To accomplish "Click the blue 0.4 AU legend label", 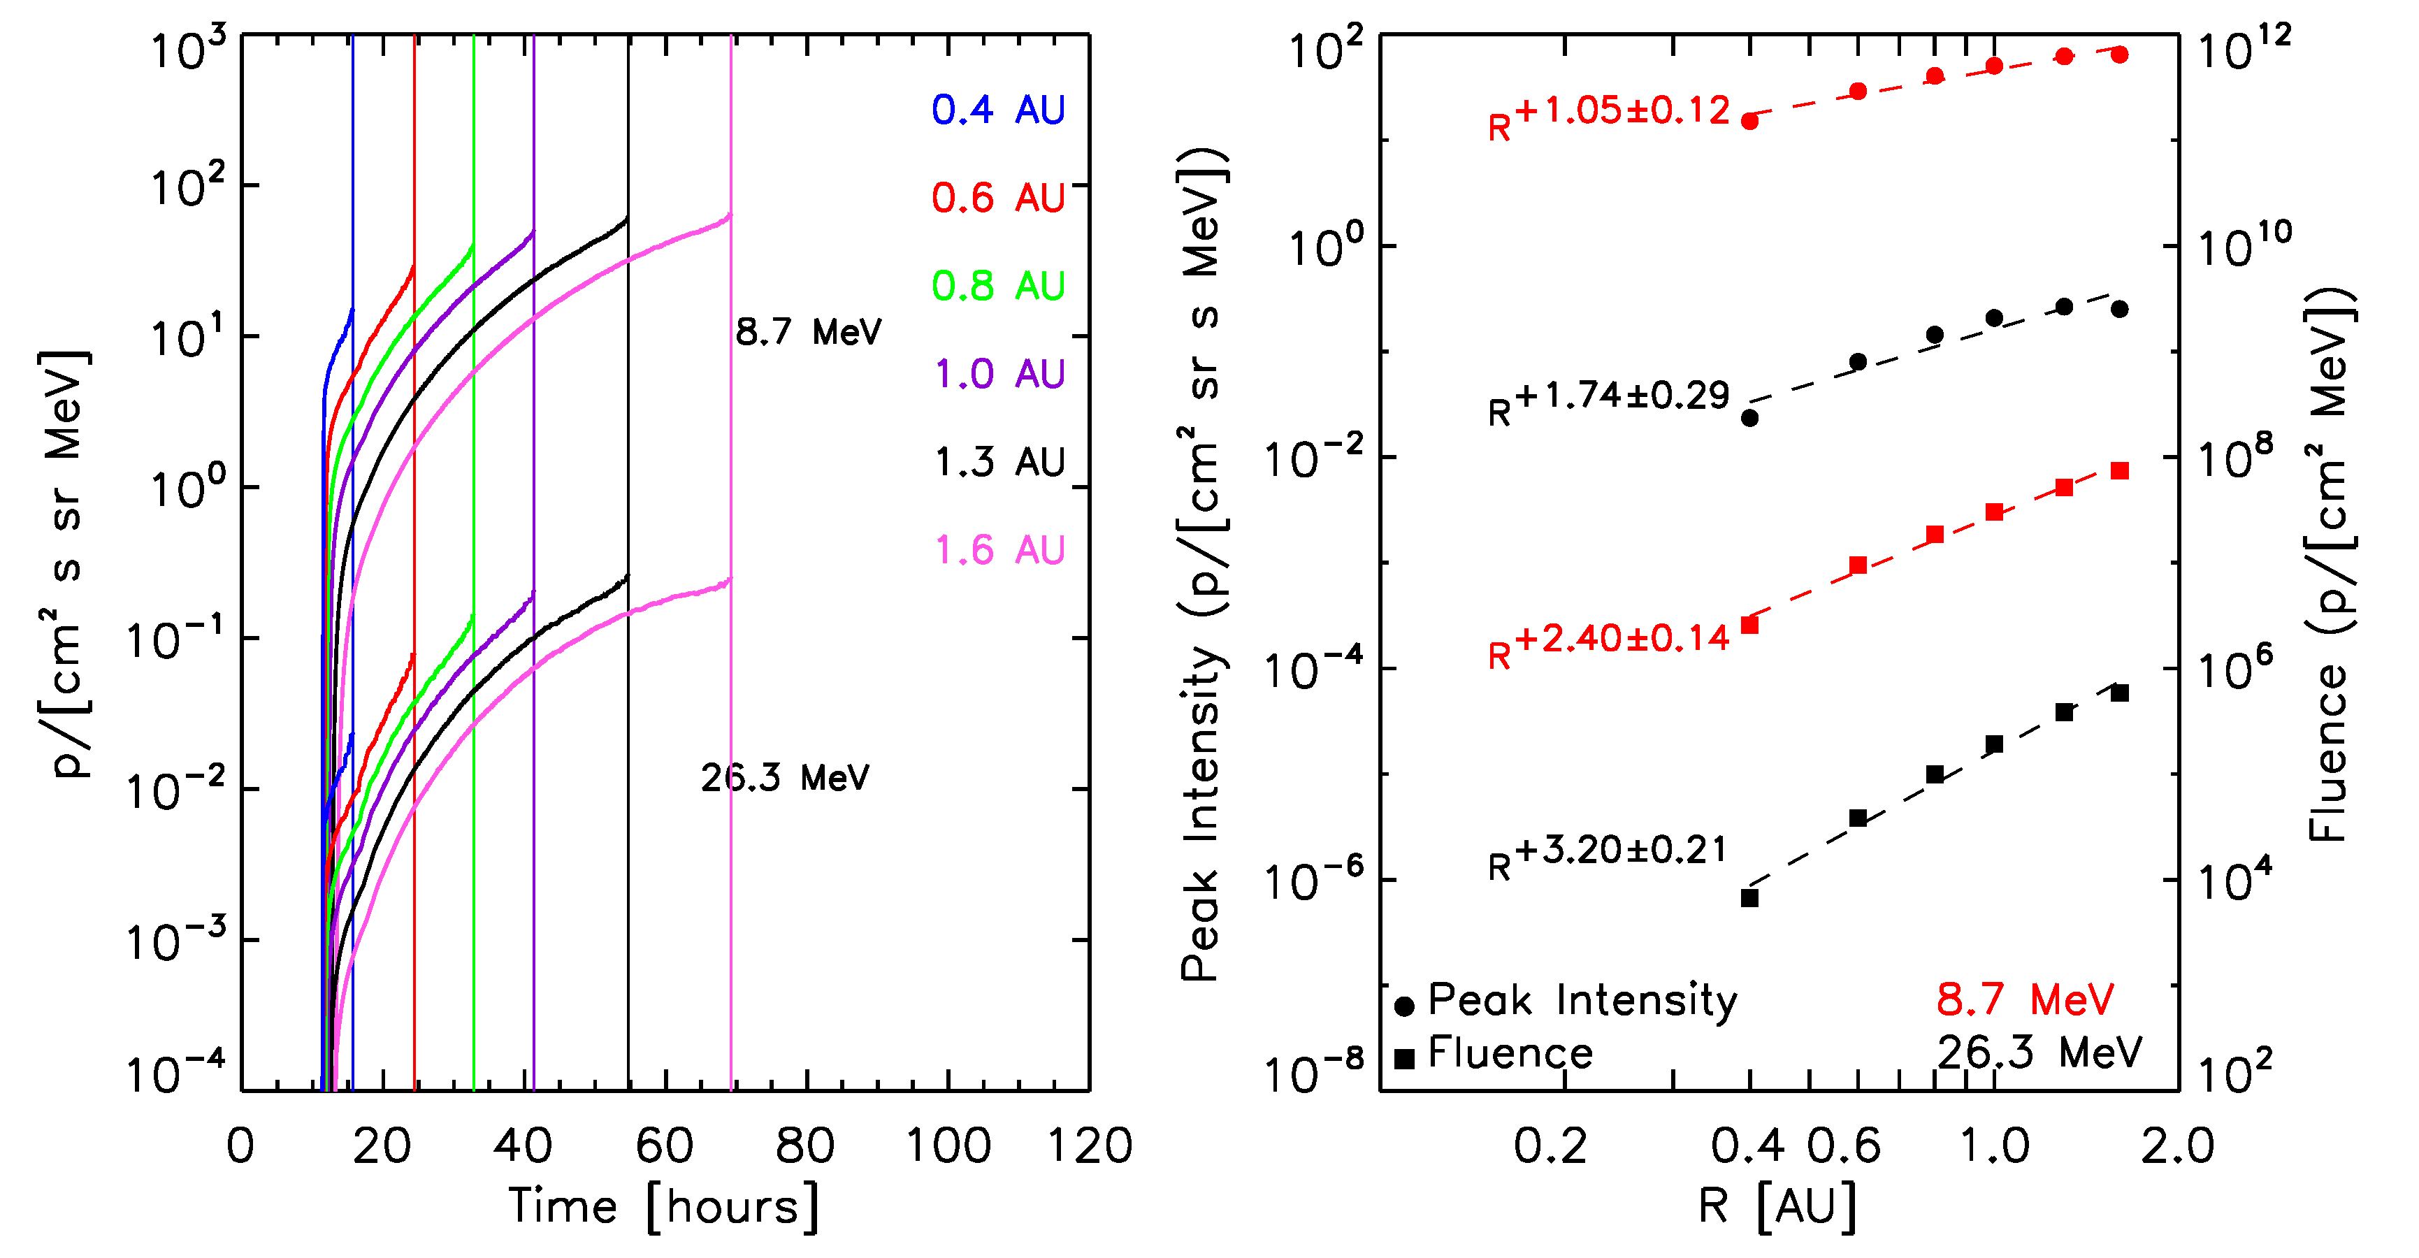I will (x=998, y=110).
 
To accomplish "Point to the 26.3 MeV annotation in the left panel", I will (x=785, y=777).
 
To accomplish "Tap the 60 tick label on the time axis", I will (x=665, y=1146).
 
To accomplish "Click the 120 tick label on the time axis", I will (x=1090, y=1146).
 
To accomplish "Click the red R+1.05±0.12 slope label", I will (x=1609, y=117).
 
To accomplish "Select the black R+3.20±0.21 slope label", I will (x=1608, y=856).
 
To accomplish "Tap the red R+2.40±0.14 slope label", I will (x=1609, y=645).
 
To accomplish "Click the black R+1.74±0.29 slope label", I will (x=1609, y=401).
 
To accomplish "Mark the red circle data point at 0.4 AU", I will (x=1749, y=121).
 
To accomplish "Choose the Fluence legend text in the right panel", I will (x=1510, y=1053).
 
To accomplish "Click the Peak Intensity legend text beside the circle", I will (x=1582, y=1001).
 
